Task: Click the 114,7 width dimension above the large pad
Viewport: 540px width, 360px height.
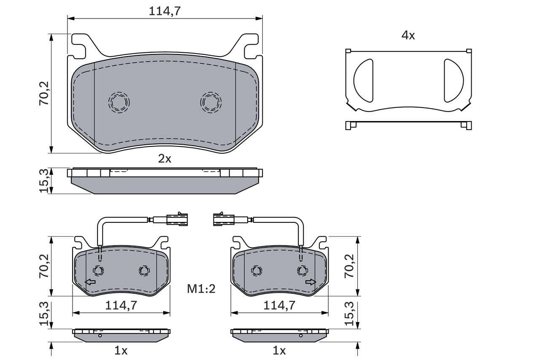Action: tap(165, 11)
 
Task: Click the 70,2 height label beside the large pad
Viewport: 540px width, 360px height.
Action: tap(45, 94)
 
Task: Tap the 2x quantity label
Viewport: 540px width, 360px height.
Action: tap(165, 159)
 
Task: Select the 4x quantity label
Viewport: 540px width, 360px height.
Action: tap(408, 35)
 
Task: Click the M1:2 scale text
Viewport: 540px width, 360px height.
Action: tap(201, 289)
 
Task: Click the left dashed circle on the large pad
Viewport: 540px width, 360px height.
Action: tap(119, 102)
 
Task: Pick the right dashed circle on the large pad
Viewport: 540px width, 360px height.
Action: tap(211, 102)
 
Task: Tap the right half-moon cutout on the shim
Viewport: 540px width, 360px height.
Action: tap(453, 80)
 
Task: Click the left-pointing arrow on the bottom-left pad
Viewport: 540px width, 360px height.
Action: tap(90, 282)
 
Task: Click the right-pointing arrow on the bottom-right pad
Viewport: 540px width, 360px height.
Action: tap(311, 282)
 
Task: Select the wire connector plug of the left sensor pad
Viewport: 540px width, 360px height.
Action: tap(177, 219)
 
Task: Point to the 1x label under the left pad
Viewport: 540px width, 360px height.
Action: tap(121, 350)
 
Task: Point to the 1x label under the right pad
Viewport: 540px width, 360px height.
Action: tap(279, 350)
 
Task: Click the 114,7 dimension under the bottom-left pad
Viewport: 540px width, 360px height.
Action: tap(121, 305)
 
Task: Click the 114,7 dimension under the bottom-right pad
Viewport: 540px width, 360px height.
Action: tap(279, 305)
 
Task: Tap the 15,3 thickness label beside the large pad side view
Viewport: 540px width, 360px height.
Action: tap(45, 181)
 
